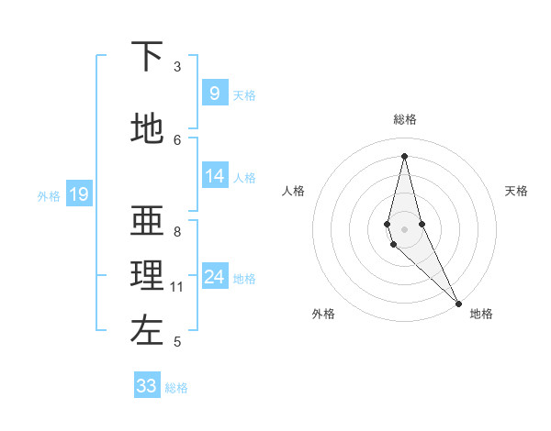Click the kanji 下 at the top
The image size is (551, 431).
coord(147,59)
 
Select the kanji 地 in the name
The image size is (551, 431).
coord(147,128)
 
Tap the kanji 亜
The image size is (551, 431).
coord(147,222)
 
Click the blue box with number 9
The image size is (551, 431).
coord(214,94)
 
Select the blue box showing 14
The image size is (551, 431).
coord(214,177)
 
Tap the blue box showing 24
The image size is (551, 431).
coord(214,277)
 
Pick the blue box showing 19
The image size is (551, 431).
coord(78,194)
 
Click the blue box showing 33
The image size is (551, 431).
coord(147,386)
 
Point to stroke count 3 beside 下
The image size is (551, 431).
coord(177,67)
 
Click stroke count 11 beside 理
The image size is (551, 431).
coord(178,287)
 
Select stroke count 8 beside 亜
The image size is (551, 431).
coord(177,232)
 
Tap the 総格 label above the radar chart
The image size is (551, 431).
coord(404,119)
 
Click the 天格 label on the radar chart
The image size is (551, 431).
coord(516,191)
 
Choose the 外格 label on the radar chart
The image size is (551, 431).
coord(323,314)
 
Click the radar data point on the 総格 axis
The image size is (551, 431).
coord(404,155)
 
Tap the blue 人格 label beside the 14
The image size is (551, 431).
coord(244,178)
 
